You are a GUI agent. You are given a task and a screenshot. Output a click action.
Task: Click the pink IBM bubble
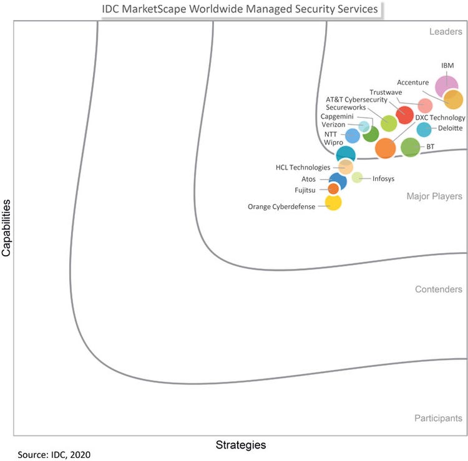446,85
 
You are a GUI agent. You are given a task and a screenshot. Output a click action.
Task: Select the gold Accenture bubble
453,100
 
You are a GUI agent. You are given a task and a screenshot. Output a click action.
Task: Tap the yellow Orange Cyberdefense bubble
333,202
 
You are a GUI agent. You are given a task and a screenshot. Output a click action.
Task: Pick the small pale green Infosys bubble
357,177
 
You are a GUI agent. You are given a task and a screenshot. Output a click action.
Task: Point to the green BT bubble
410,148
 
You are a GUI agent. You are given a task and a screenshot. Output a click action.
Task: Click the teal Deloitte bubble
424,130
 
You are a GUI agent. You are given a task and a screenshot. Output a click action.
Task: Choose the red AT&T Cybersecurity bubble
404,115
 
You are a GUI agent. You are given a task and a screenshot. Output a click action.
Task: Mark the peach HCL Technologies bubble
346,167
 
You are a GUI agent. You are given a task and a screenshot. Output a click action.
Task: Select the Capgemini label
337,116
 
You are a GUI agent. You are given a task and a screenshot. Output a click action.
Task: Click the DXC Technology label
440,118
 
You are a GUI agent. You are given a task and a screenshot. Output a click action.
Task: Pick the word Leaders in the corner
446,32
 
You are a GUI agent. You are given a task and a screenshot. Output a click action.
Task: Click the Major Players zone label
434,197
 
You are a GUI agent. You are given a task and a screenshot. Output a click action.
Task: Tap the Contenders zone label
438,289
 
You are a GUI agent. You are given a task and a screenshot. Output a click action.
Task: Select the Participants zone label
437,419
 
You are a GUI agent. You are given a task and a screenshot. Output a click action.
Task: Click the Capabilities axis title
6,228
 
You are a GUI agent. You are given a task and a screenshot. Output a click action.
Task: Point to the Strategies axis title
240,445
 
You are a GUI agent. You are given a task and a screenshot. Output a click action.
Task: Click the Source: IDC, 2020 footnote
54,455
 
